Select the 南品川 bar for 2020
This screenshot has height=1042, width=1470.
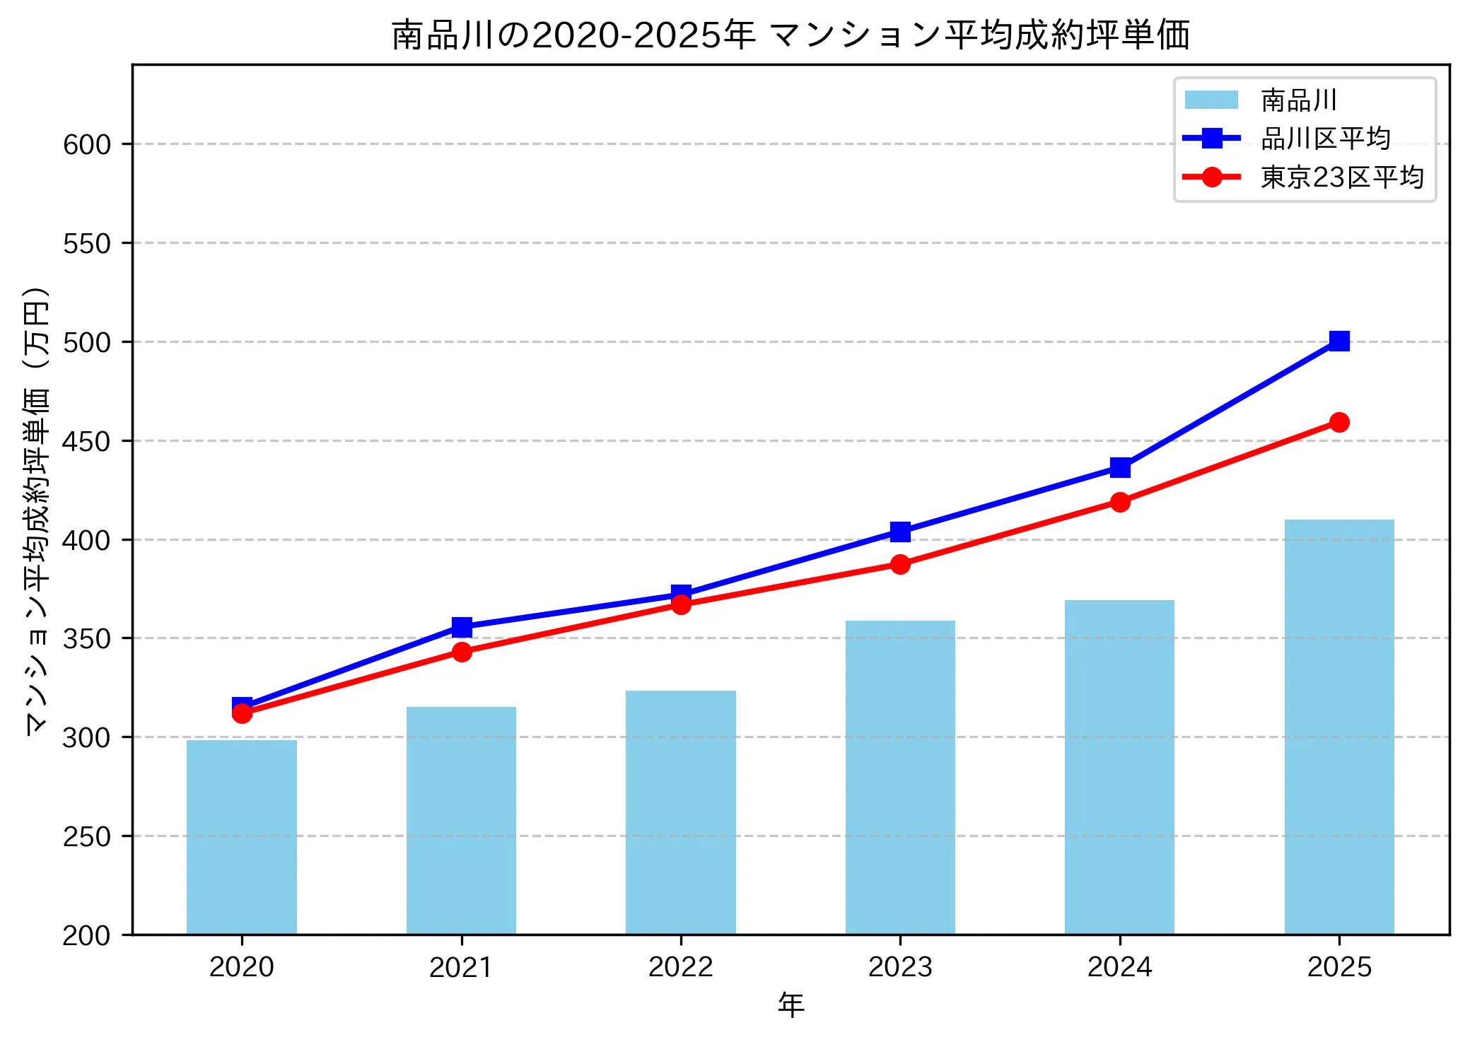[x=242, y=837]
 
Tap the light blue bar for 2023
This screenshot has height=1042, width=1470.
[x=900, y=778]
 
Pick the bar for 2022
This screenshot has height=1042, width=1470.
[x=681, y=812]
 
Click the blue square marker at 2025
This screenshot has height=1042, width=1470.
[x=1338, y=341]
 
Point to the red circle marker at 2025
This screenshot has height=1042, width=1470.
[x=1338, y=423]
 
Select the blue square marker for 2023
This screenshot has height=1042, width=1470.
[x=900, y=532]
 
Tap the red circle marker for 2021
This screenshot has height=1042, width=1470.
[x=462, y=652]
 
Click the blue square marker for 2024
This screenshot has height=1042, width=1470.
[x=1119, y=468]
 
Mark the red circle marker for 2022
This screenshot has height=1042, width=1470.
[x=681, y=604]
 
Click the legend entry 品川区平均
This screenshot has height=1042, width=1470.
[x=1325, y=139]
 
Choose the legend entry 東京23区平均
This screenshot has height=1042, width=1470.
[x=1341, y=177]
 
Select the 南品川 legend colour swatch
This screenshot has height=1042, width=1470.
[x=1211, y=100]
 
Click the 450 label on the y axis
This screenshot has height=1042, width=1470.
[x=87, y=441]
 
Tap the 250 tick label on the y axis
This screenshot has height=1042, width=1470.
[x=87, y=836]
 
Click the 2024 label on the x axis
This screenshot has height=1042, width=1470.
[x=1119, y=966]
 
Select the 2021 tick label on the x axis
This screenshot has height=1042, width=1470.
[x=462, y=966]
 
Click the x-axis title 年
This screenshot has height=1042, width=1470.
[x=791, y=1005]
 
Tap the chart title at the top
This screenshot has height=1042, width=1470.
[x=791, y=35]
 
